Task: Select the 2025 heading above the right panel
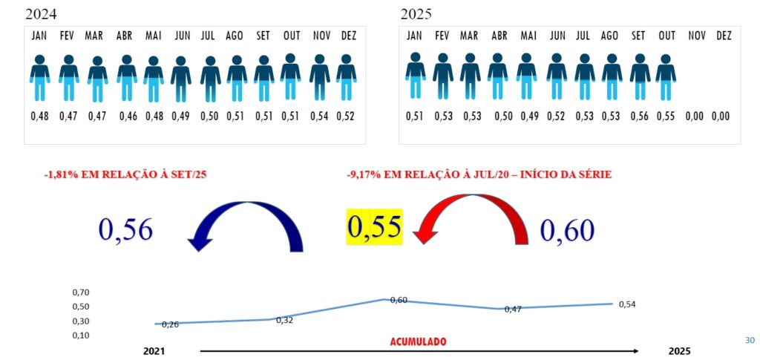click(x=416, y=13)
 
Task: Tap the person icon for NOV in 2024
click(x=320, y=77)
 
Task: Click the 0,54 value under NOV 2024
click(x=320, y=116)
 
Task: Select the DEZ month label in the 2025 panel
click(x=724, y=36)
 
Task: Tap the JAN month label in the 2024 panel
click(x=39, y=36)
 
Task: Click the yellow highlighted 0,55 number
click(x=375, y=227)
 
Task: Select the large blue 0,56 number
click(x=125, y=230)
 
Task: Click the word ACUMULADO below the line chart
click(x=419, y=341)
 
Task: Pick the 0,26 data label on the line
click(x=170, y=325)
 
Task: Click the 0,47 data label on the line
click(x=512, y=309)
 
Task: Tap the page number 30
click(x=749, y=340)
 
